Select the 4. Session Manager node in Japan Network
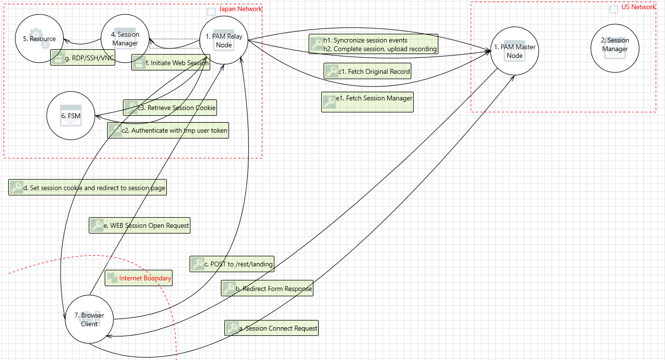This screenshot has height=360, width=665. click(x=125, y=39)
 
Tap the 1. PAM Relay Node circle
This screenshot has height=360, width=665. click(x=224, y=41)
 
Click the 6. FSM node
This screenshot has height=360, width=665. click(x=70, y=116)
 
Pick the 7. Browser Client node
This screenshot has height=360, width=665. click(x=89, y=319)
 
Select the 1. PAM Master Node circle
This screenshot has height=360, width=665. click(x=515, y=51)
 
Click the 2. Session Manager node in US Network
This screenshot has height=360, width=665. click(x=615, y=45)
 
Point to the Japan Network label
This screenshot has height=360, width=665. click(x=240, y=9)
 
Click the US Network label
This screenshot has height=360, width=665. click(x=638, y=7)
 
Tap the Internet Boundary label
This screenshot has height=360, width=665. click(x=145, y=278)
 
